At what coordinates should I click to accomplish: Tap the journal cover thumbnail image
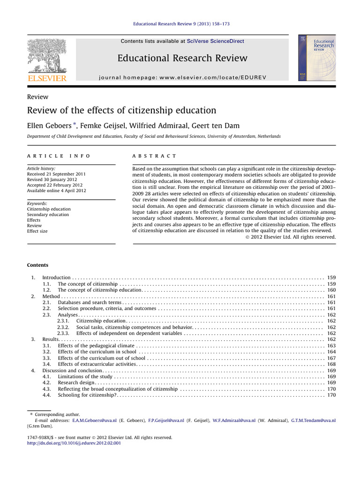[x=316, y=57]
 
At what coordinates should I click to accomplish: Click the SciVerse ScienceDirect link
[x=215, y=41]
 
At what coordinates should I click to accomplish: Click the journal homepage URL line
[x=182, y=76]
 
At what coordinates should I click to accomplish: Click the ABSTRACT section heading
[x=155, y=156]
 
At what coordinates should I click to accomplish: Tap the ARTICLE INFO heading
[x=59, y=156]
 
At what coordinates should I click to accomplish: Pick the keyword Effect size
[x=37, y=231]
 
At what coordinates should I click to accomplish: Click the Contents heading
[x=37, y=265]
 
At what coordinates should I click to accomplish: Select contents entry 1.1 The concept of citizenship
[x=88, y=284]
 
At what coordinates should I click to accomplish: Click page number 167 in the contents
[x=331, y=358]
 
